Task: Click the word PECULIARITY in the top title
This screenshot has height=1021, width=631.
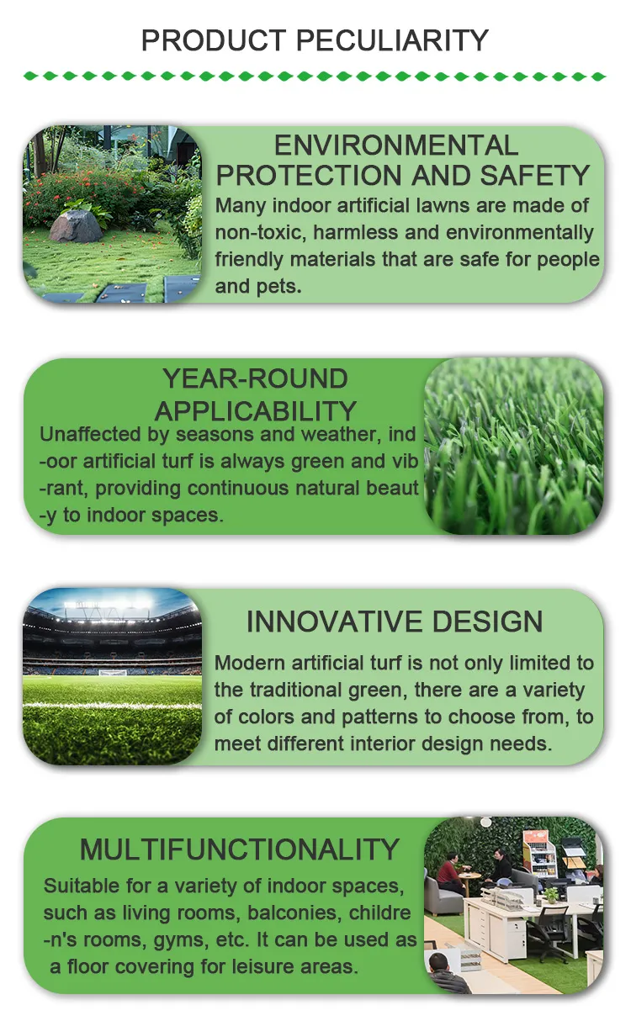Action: tap(395, 40)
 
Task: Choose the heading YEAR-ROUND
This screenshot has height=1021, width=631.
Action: tap(255, 378)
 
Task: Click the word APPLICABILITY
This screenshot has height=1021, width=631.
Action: tap(256, 411)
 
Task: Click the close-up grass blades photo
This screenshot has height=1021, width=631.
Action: tap(513, 446)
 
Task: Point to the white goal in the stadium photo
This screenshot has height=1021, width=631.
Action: tap(112, 672)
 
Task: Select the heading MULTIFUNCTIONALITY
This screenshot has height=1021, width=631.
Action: tap(239, 849)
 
